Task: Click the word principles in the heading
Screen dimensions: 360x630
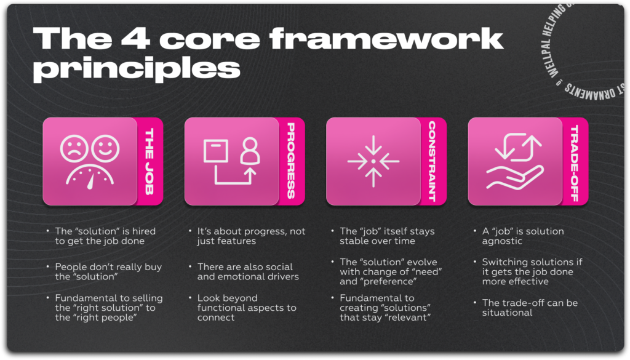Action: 136,68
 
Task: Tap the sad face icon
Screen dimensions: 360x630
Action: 74,148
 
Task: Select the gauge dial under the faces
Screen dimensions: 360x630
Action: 89,177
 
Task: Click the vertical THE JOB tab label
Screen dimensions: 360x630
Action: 150,161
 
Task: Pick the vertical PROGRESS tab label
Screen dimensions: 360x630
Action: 291,161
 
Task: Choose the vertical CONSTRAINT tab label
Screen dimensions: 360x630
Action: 433,161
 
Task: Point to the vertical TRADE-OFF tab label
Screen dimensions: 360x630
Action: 575,161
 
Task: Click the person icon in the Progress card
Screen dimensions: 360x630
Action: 250,150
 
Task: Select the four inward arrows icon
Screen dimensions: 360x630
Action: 373,161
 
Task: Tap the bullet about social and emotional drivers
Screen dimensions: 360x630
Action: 247,271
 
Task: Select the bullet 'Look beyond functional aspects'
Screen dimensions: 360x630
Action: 246,307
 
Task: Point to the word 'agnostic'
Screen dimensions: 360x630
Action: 502,241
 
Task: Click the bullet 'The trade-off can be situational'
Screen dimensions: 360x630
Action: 530,307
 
